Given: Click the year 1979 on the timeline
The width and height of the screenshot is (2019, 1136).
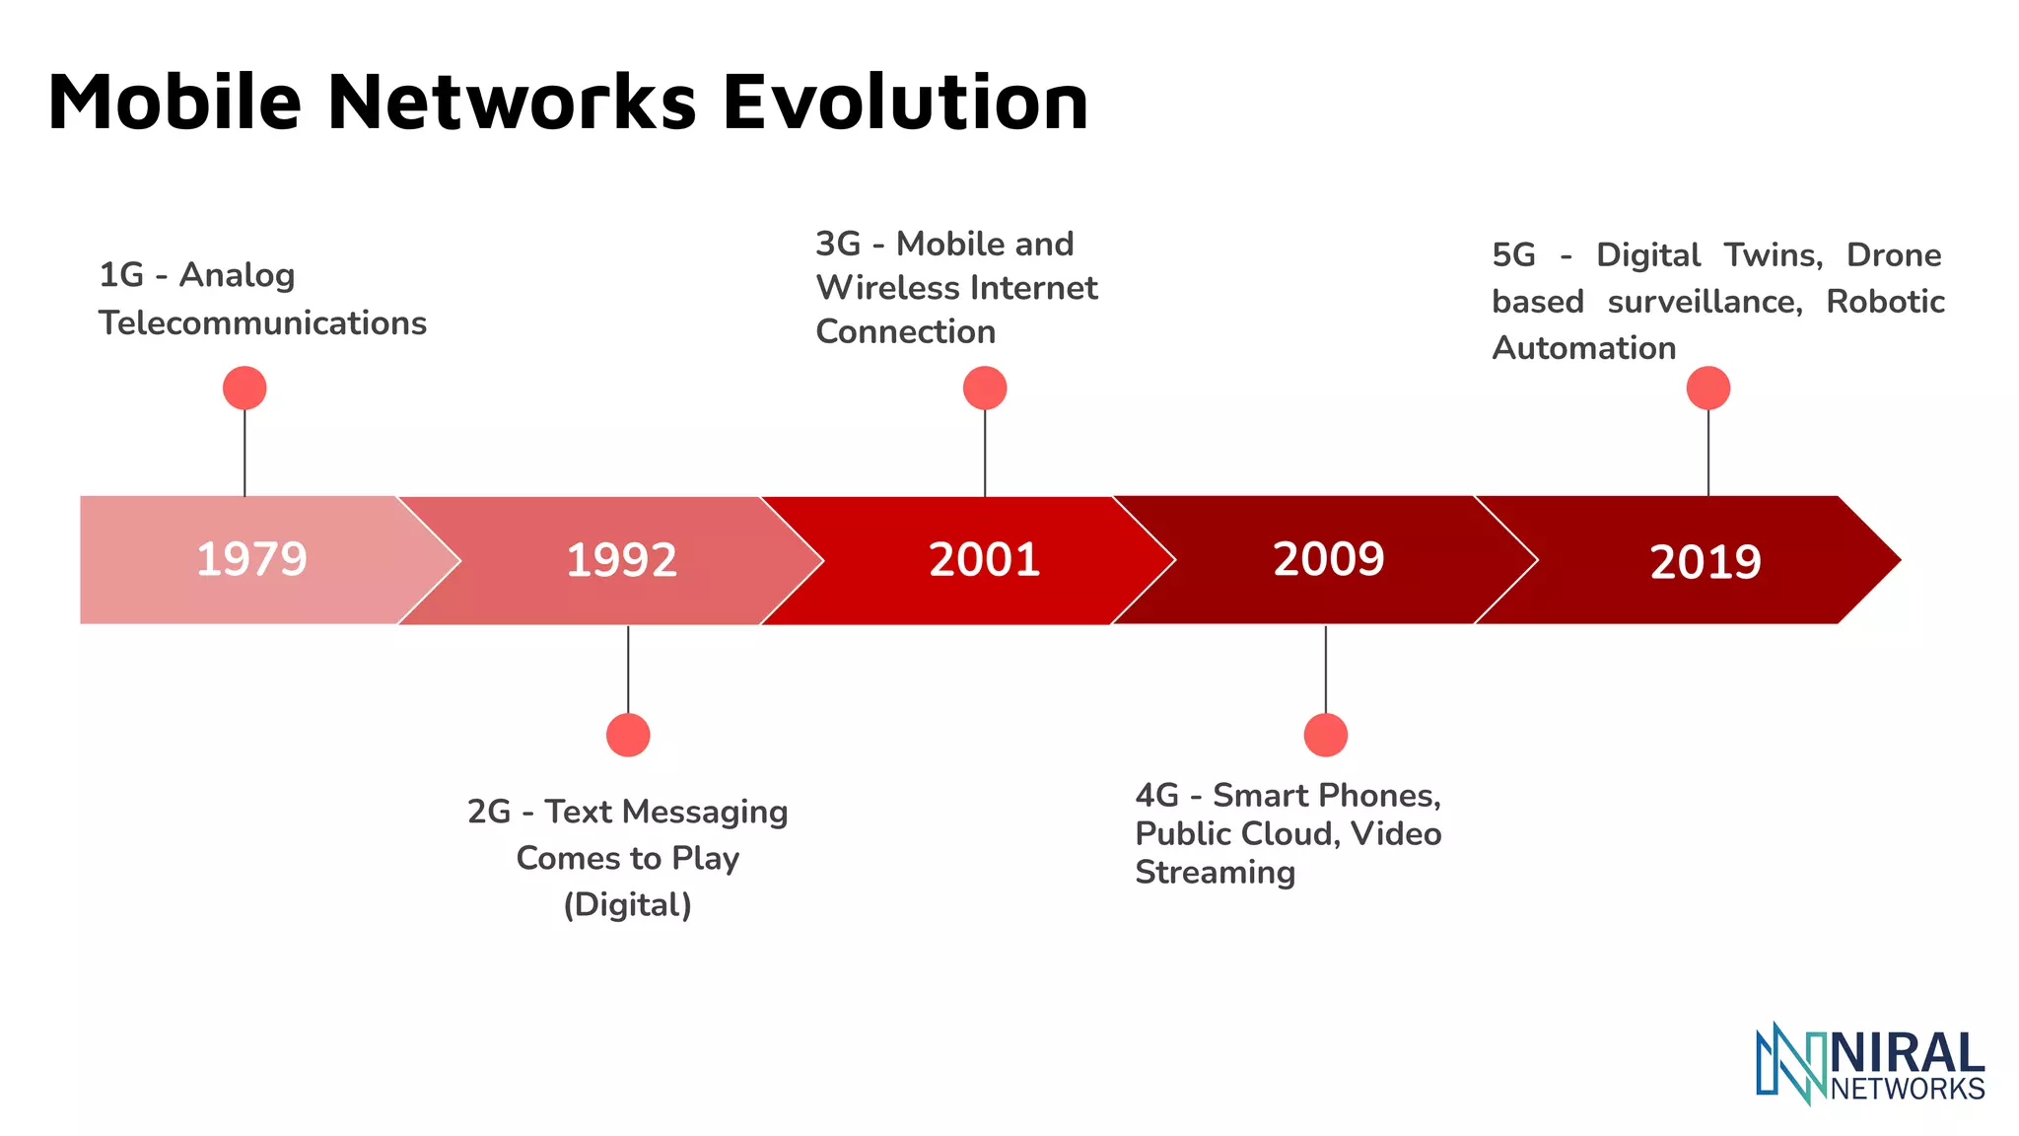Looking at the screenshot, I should [251, 559].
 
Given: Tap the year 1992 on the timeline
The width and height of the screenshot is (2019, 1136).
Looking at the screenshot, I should [621, 560].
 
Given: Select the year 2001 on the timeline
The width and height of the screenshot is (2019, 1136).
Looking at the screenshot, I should [984, 559].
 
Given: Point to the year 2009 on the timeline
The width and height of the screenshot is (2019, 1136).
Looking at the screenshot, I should [1328, 559].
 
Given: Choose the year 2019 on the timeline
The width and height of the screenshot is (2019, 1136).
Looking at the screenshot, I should [1705, 562].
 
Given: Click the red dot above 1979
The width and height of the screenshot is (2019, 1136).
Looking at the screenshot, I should [244, 388].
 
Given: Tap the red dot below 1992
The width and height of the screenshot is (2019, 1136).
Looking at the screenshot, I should [628, 735].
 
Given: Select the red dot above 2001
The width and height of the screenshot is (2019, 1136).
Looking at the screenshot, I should [985, 388].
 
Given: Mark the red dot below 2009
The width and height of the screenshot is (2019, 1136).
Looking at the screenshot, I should [1325, 735].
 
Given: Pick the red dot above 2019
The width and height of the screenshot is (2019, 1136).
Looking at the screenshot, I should [1707, 388].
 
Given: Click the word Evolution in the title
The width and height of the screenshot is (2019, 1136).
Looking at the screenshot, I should [905, 103].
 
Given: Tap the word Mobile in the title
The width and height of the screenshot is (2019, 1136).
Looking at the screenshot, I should [174, 103].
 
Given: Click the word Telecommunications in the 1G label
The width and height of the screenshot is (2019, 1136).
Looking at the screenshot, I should [262, 323].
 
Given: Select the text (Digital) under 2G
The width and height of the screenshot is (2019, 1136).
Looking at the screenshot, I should [627, 904].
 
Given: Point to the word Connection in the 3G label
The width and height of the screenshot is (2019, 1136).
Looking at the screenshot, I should [905, 331].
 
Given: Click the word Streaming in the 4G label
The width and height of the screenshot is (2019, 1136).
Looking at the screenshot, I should [1215, 873].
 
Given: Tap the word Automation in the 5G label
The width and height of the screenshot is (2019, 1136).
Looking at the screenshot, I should [1583, 348].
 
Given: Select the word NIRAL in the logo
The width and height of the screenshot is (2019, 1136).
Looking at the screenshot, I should [1908, 1053].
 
